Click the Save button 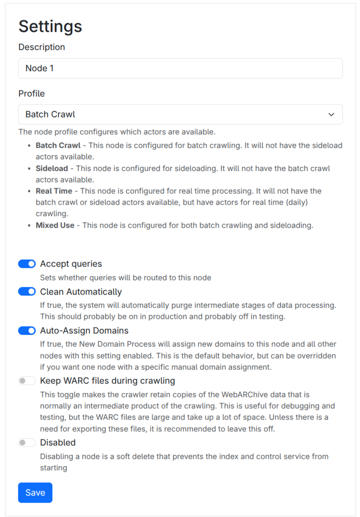(35, 493)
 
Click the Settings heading (50, 26)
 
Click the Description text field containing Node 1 (180, 68)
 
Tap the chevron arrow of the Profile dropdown (331, 115)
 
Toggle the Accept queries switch (27, 264)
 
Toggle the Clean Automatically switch (27, 292)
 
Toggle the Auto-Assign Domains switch (27, 331)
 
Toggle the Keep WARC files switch (27, 381)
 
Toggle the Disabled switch (27, 443)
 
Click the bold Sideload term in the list (51, 168)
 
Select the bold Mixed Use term (55, 225)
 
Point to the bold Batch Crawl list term (58, 145)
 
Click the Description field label (42, 47)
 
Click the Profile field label (32, 93)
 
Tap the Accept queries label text (71, 264)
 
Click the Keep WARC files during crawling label (108, 381)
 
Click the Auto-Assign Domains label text (84, 331)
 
